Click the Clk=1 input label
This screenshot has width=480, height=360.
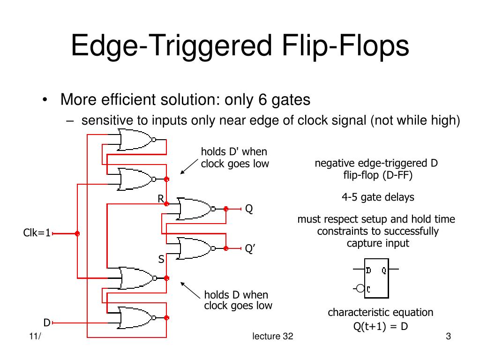[x=37, y=232]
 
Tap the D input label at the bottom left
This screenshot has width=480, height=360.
[x=47, y=322]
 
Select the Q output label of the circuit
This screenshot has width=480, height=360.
[x=249, y=209]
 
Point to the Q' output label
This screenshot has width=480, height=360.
[x=250, y=248]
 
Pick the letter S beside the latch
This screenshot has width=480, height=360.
[x=161, y=259]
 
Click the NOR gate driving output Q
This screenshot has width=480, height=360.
[x=196, y=209]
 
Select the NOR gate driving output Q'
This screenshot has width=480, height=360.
[x=196, y=248]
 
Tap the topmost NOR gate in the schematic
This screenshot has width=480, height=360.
[x=137, y=140]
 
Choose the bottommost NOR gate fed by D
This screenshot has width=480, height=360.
[x=137, y=317]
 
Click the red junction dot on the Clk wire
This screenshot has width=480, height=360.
[x=77, y=233]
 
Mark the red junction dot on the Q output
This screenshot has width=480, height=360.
[x=226, y=209]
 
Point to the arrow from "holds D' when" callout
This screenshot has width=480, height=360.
[x=189, y=166]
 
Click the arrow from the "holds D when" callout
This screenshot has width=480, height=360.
[x=190, y=290]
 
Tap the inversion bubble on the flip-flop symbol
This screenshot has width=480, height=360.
[x=360, y=288]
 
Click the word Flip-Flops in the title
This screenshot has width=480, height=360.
[x=345, y=45]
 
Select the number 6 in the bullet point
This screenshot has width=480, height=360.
[x=262, y=99]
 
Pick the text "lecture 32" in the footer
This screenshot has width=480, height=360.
[x=272, y=336]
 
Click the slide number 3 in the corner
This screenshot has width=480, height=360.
[x=448, y=336]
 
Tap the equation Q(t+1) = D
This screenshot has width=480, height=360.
[x=381, y=326]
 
